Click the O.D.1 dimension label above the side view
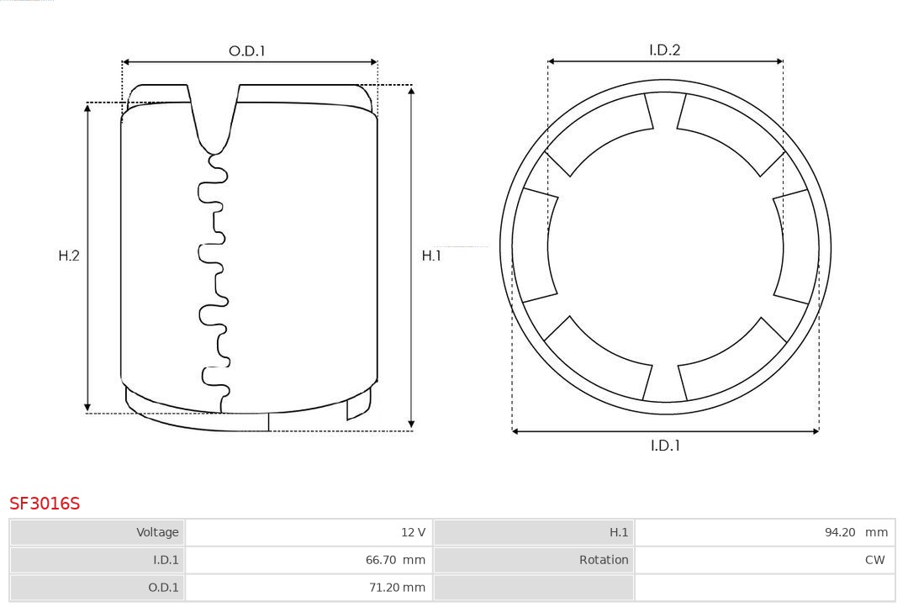246,51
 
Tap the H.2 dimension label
69,256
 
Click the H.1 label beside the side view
431,256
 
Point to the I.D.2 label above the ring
665,50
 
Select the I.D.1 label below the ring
665,446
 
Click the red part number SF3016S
45,504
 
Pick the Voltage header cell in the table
98,532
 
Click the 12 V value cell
309,532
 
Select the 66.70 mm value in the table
395,560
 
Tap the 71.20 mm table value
397,588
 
